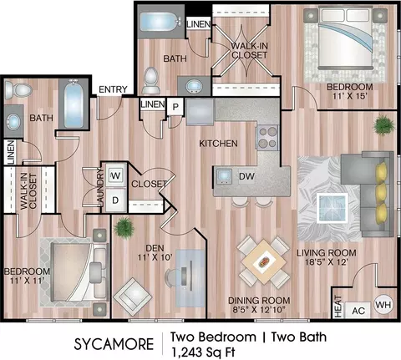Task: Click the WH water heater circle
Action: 383,305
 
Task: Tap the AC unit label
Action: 358,311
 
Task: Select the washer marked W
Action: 115,175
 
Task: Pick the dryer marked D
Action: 115,200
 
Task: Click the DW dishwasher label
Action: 246,176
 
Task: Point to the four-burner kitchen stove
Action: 267,138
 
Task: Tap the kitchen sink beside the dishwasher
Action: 224,176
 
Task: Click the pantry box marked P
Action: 175,107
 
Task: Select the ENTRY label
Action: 113,89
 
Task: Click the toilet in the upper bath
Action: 151,80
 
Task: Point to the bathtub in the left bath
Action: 74,104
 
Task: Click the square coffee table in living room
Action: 332,208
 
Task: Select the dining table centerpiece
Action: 264,262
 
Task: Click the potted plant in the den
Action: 124,228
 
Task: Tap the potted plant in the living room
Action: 384,125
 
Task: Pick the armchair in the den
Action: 133,297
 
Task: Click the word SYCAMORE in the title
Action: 114,344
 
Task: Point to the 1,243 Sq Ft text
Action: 203,352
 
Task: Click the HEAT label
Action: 338,307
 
